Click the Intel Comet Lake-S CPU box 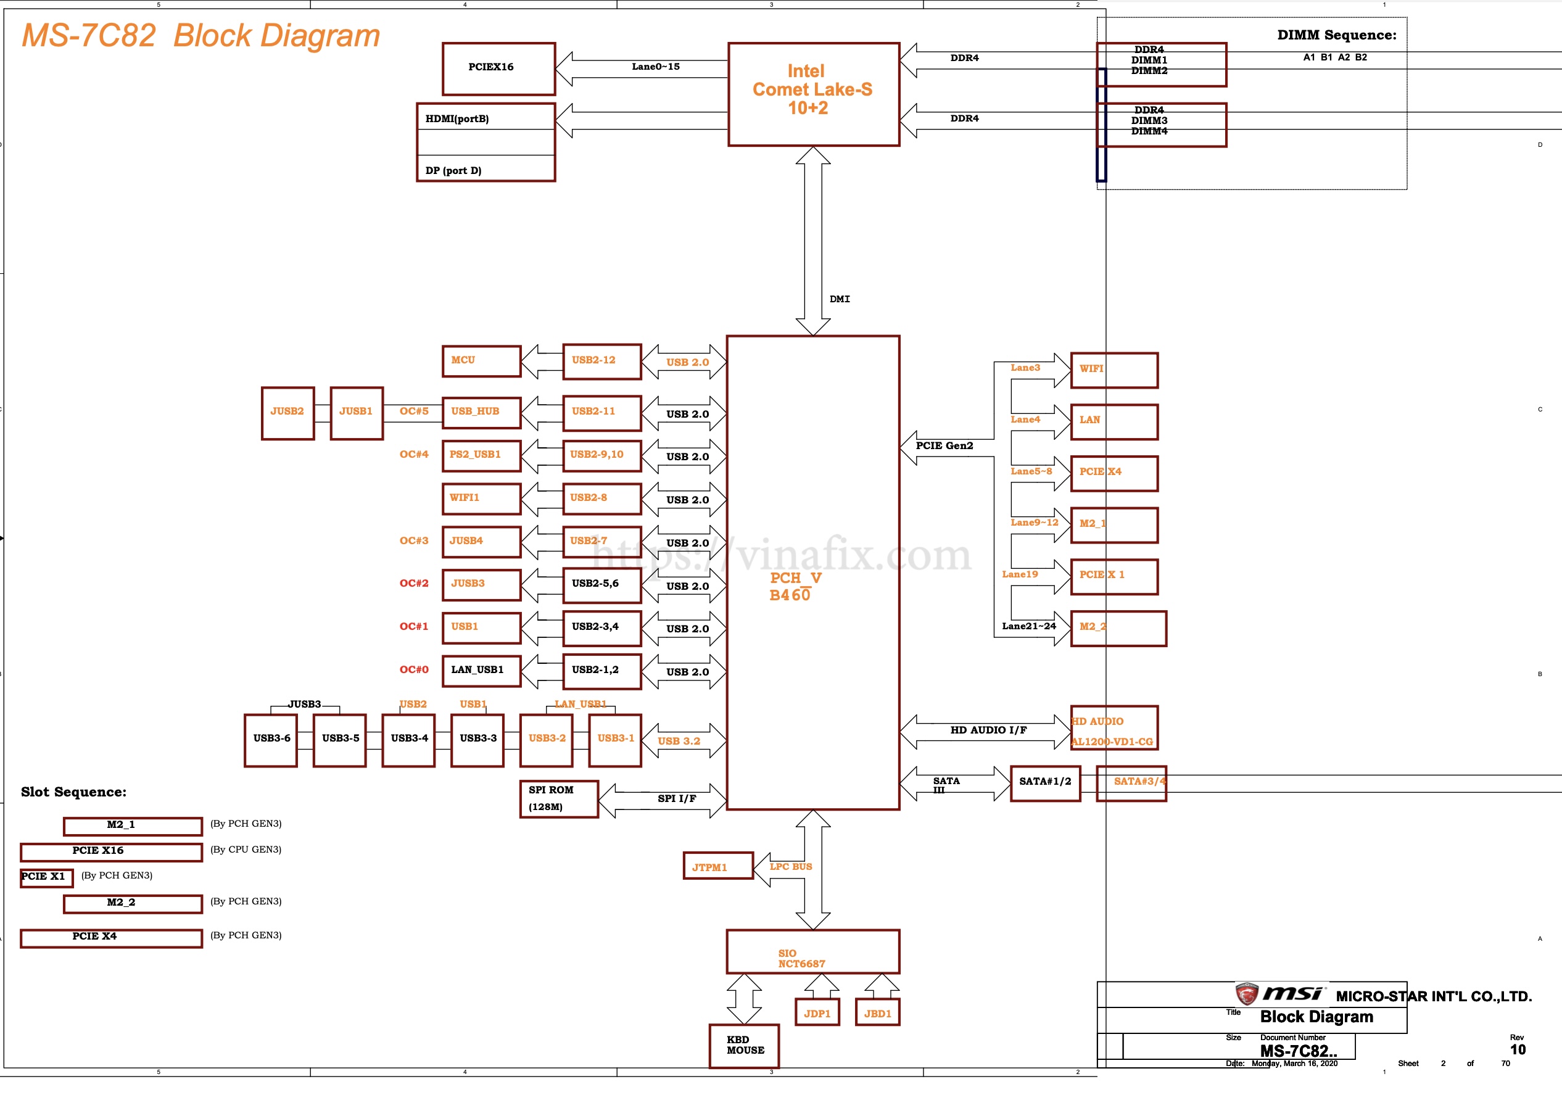(x=813, y=94)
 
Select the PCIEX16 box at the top (x=498, y=68)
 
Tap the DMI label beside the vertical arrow (x=840, y=299)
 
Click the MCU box (x=482, y=361)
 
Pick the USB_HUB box (x=482, y=412)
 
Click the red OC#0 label (x=414, y=669)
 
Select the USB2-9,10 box (x=601, y=455)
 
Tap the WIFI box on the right (x=1114, y=370)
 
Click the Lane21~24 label (x=1028, y=626)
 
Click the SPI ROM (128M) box (x=559, y=798)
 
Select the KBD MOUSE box (x=744, y=1045)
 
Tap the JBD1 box (x=877, y=1012)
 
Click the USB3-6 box (x=271, y=740)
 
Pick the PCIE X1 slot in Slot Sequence (x=46, y=877)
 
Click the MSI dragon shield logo (x=1246, y=993)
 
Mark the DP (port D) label (x=453, y=170)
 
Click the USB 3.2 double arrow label (x=679, y=741)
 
